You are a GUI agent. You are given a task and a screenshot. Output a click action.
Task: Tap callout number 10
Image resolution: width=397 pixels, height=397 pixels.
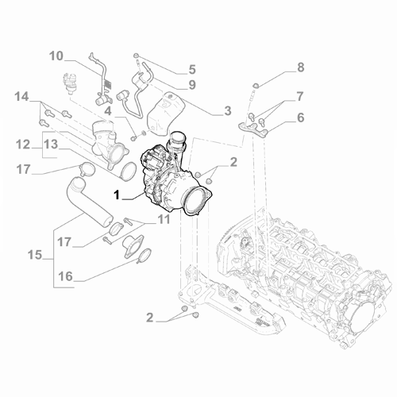point(56,56)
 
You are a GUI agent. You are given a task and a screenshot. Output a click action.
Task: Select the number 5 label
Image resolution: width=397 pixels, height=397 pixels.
point(191,69)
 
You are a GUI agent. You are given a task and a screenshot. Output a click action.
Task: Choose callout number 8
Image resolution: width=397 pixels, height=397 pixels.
point(300,67)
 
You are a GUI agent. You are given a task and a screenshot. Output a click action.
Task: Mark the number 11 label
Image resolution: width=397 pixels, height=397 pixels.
point(162,218)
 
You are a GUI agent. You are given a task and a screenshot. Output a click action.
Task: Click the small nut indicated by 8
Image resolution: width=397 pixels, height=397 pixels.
point(256,83)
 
